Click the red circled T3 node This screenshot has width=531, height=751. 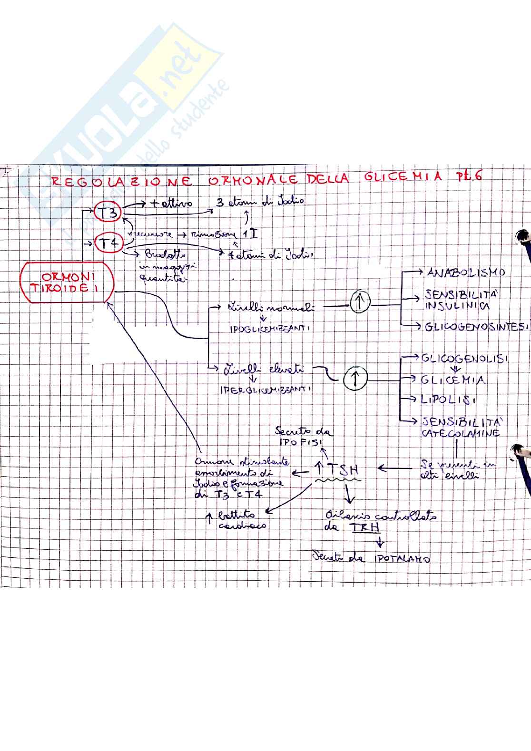click(x=108, y=212)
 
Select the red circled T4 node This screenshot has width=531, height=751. click(x=109, y=244)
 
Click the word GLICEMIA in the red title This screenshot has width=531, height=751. click(x=403, y=177)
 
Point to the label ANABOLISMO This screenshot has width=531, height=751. click(x=460, y=273)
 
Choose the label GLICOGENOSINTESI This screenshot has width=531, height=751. click(x=476, y=327)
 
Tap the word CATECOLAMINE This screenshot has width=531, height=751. click(x=460, y=433)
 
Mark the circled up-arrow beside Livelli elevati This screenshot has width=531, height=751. click(x=354, y=379)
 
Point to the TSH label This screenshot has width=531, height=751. click(x=340, y=470)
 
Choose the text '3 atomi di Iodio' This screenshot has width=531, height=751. click(x=260, y=202)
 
